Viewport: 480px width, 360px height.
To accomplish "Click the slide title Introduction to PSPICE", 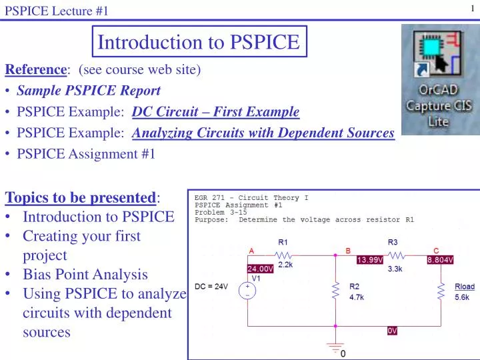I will coord(199,42).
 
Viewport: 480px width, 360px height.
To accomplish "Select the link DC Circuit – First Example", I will coord(216,111).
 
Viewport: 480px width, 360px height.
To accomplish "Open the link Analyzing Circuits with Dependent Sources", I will coord(263,133).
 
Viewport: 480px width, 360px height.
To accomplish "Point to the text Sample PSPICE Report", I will coord(89,90).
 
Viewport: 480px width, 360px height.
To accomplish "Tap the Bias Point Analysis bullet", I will coord(85,274).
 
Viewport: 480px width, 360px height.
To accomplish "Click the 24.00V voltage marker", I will coord(261,269).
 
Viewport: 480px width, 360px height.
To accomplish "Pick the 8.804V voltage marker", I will coord(440,259).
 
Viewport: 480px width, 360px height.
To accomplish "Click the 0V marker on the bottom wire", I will coord(392,331).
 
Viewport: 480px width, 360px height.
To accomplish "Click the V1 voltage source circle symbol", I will coord(247,291).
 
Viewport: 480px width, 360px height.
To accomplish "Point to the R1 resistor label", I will coord(284,242).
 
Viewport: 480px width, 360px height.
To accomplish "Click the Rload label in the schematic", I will coord(465,287).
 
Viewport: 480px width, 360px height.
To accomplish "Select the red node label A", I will coord(252,250).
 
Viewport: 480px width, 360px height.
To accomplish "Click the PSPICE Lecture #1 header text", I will coord(57,9).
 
